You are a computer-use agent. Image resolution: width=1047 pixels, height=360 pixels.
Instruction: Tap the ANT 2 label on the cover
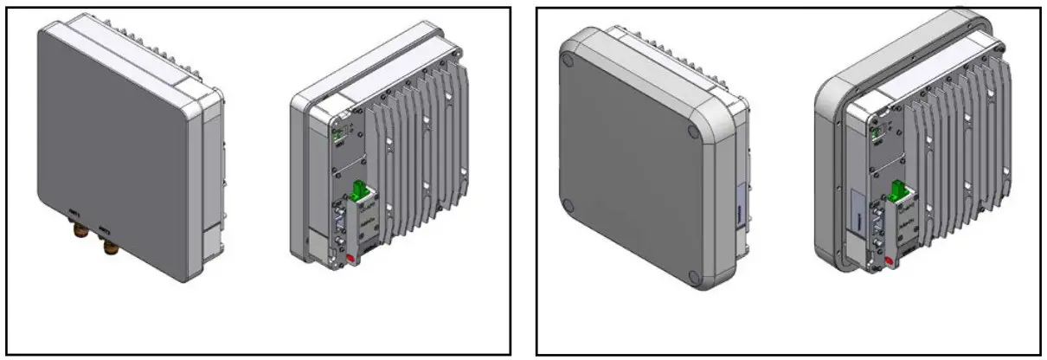click(105, 229)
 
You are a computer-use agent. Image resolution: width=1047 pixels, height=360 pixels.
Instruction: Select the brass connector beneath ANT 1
click(76, 233)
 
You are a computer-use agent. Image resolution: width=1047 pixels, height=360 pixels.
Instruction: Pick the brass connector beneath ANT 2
click(110, 248)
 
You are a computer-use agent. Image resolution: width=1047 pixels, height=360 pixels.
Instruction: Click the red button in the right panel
click(890, 260)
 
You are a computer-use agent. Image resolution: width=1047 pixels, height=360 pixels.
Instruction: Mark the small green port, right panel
click(876, 132)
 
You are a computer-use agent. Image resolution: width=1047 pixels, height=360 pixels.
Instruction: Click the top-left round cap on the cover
click(568, 61)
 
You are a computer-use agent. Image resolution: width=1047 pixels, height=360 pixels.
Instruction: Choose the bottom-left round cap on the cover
click(568, 205)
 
